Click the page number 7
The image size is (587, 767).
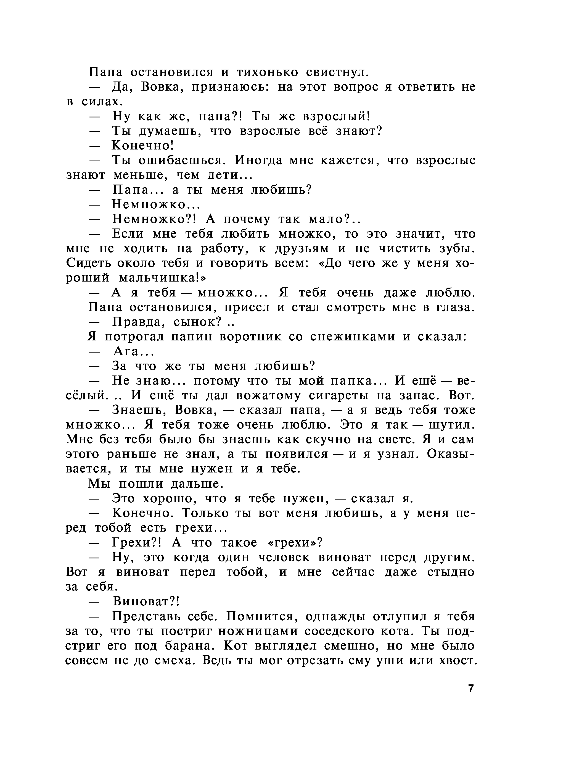tap(471, 688)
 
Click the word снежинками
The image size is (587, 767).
tap(353, 337)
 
